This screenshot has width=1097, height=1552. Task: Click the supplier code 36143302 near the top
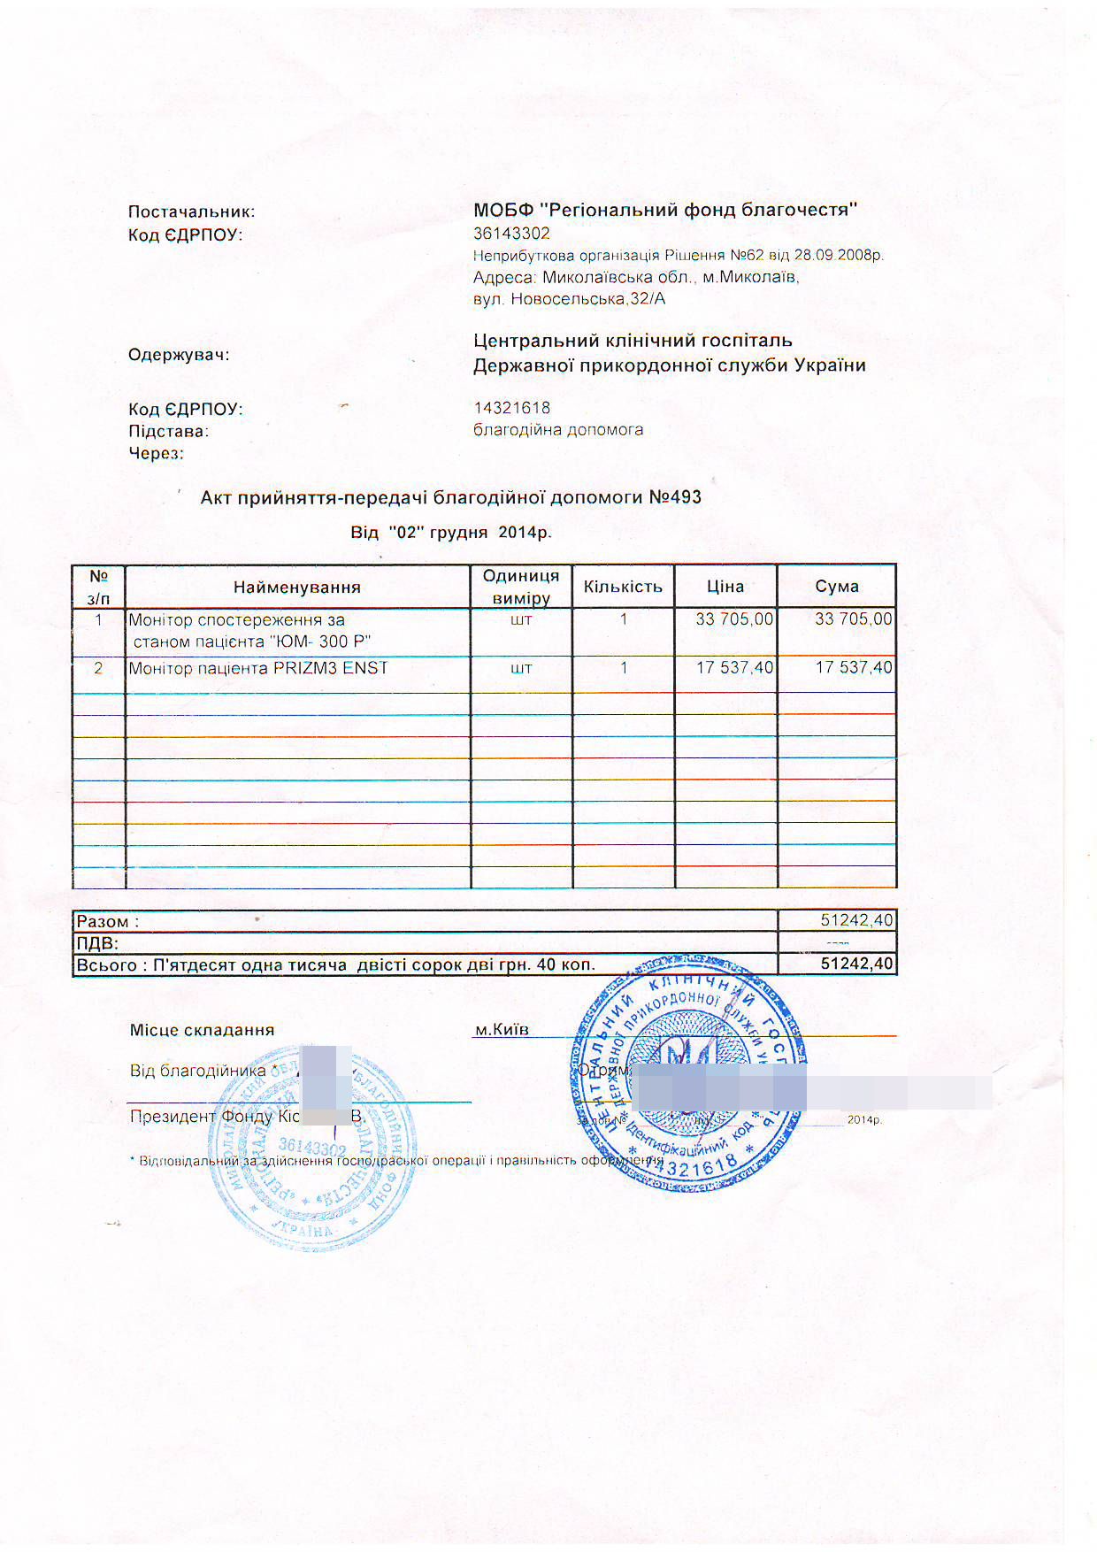pyautogui.click(x=511, y=234)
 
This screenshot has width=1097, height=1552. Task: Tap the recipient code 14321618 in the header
pyautogui.click(x=511, y=408)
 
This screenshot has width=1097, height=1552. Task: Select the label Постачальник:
pyautogui.click(x=191, y=212)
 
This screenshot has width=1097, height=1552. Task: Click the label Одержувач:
pyautogui.click(x=179, y=356)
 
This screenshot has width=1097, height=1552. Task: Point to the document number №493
pyautogui.click(x=675, y=497)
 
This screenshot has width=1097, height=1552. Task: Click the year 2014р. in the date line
pyautogui.click(x=525, y=533)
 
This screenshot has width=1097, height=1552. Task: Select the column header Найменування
pyautogui.click(x=296, y=588)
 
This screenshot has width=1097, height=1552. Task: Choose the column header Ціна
pyautogui.click(x=725, y=587)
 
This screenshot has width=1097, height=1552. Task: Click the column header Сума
pyautogui.click(x=836, y=587)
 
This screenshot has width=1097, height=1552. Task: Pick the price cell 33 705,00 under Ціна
pyautogui.click(x=734, y=619)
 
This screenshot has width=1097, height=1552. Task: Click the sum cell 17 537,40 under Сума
pyautogui.click(x=853, y=668)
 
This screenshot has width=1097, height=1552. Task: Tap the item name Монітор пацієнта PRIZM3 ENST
pyautogui.click(x=258, y=669)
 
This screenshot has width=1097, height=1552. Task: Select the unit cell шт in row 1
pyautogui.click(x=521, y=619)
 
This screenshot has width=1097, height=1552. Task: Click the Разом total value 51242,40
pyautogui.click(x=856, y=921)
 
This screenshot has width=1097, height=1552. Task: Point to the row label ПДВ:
pyautogui.click(x=97, y=943)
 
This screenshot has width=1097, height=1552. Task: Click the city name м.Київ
pyautogui.click(x=502, y=1030)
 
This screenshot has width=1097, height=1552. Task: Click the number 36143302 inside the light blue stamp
pyautogui.click(x=311, y=1148)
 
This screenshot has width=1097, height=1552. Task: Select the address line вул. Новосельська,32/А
pyautogui.click(x=569, y=299)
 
